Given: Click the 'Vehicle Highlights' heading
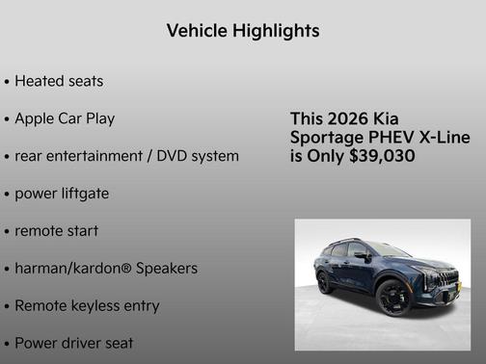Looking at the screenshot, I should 242,31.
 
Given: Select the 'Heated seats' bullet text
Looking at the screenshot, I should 59,81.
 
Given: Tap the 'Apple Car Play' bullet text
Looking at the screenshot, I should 65,118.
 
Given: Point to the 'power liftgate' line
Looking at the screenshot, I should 61,194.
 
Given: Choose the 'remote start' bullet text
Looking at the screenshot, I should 56,231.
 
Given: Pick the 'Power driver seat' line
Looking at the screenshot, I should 73,343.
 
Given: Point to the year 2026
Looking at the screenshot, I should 344,118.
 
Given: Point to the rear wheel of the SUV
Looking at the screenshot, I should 325,282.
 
